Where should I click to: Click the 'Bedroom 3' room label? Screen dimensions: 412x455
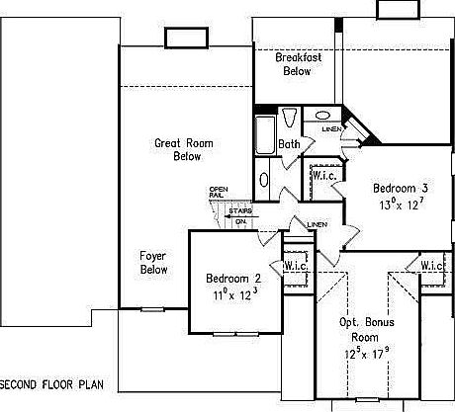coord(400,188)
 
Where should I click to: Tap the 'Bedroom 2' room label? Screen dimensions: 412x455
coord(233,278)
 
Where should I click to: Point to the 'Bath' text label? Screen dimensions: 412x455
coord(289,145)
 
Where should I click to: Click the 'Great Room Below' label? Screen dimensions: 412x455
coord(178,149)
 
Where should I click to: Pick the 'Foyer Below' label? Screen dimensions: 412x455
coord(153,262)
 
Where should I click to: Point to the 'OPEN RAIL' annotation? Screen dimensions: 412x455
coord(219,194)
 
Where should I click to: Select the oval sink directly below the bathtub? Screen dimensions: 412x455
coord(263,181)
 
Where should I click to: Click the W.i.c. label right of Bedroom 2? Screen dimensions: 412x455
coord(295,266)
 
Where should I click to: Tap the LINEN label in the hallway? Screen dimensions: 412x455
coord(317,224)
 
